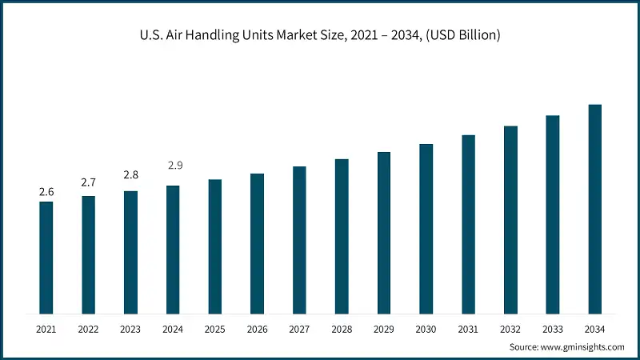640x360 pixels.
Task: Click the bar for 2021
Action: pyautogui.click(x=46, y=258)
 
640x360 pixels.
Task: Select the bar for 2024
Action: pyautogui.click(x=173, y=250)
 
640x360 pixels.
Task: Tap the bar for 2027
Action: pyautogui.click(x=299, y=240)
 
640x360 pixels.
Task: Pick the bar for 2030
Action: pyautogui.click(x=426, y=229)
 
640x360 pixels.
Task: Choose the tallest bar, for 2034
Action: pyautogui.click(x=594, y=209)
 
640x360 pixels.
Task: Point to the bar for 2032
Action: pyautogui.click(x=510, y=220)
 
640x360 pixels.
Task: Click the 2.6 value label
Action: pyautogui.click(x=46, y=192)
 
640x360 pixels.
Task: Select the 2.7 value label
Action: pyautogui.click(x=88, y=183)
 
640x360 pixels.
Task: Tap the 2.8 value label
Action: pyautogui.click(x=130, y=175)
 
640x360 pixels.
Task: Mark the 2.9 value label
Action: pyautogui.click(x=174, y=166)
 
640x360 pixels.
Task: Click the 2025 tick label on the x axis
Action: pyautogui.click(x=214, y=329)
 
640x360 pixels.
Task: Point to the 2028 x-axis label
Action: pyautogui.click(x=342, y=329)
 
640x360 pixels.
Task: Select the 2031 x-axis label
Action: pyautogui.click(x=468, y=329)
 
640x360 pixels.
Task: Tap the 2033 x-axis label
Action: pyautogui.click(x=552, y=329)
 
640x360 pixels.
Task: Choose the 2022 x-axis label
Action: pyautogui.click(x=88, y=329)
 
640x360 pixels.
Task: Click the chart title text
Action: pyautogui.click(x=320, y=35)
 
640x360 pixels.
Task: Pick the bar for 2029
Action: pyautogui.click(x=384, y=233)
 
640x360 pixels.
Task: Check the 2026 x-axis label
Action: pyautogui.click(x=257, y=329)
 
